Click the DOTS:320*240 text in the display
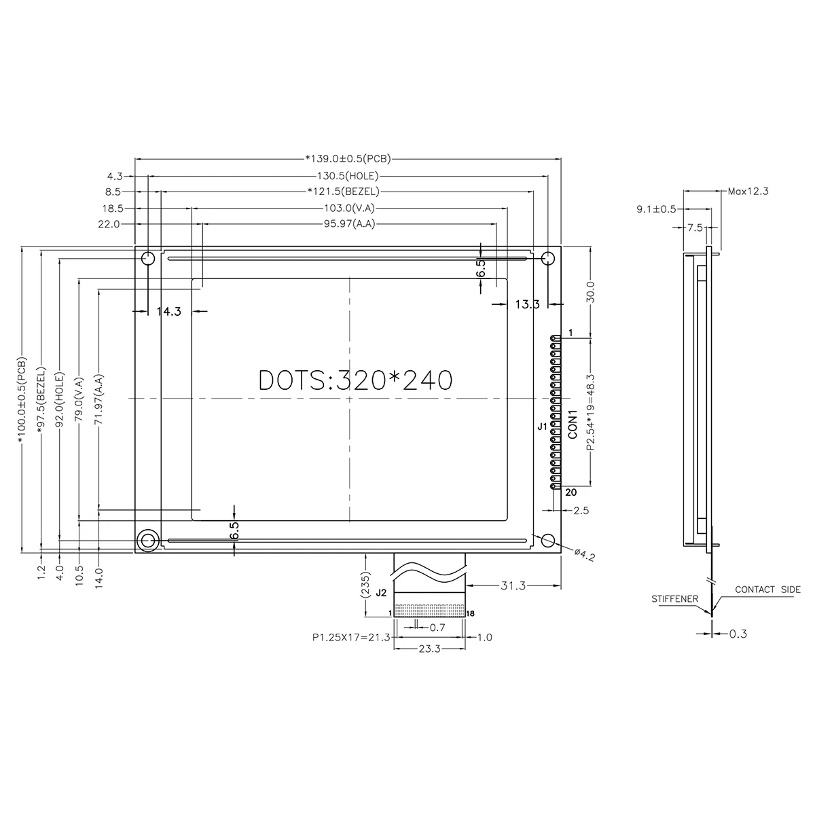point(355,380)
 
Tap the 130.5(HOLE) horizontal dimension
point(348,175)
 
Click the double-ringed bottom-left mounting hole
point(147,541)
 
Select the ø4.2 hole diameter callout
point(584,555)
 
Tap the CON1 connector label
point(573,423)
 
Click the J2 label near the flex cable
point(381,592)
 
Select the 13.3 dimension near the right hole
point(526,304)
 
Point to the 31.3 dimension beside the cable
point(513,585)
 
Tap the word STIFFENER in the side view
point(675,599)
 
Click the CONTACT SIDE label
point(767,590)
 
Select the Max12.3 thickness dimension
point(747,191)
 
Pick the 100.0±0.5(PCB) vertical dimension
point(22,401)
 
